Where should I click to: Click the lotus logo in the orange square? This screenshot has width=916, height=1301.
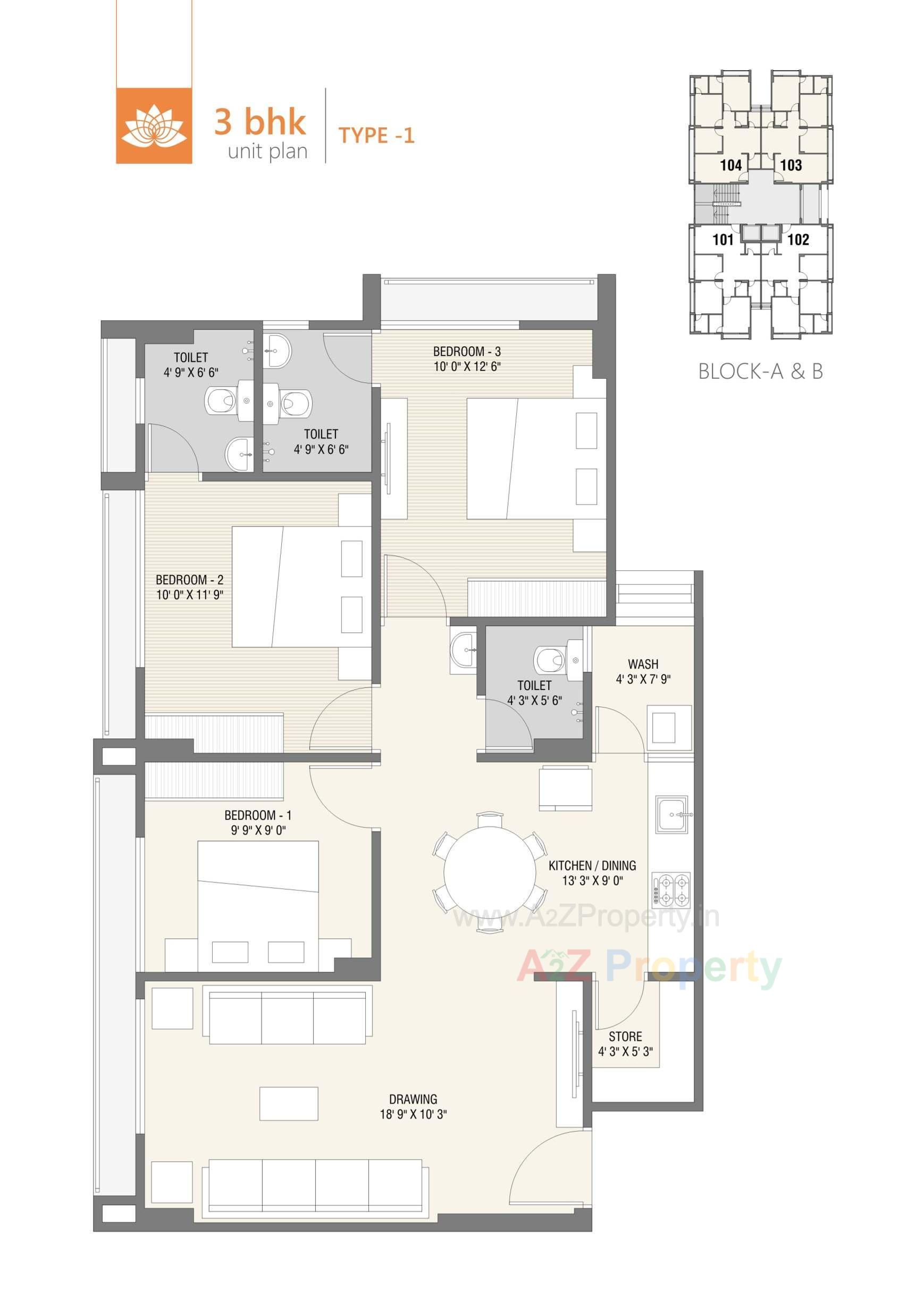(x=154, y=126)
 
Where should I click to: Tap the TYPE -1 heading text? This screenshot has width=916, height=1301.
(x=376, y=136)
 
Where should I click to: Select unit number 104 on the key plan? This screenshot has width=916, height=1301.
(x=731, y=165)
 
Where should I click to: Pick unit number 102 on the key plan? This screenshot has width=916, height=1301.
(x=797, y=239)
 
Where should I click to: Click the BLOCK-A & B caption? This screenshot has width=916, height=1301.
(x=760, y=371)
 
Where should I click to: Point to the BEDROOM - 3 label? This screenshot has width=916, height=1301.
(x=467, y=352)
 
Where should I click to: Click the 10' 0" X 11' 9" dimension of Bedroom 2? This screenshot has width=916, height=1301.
(x=190, y=595)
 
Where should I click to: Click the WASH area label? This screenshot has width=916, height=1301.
(x=643, y=664)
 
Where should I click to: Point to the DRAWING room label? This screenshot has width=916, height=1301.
(x=413, y=1099)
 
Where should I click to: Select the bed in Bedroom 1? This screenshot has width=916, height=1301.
(x=258, y=902)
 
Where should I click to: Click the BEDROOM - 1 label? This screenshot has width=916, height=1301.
(x=258, y=815)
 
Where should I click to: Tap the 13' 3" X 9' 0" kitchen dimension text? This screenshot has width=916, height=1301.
(x=592, y=881)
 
